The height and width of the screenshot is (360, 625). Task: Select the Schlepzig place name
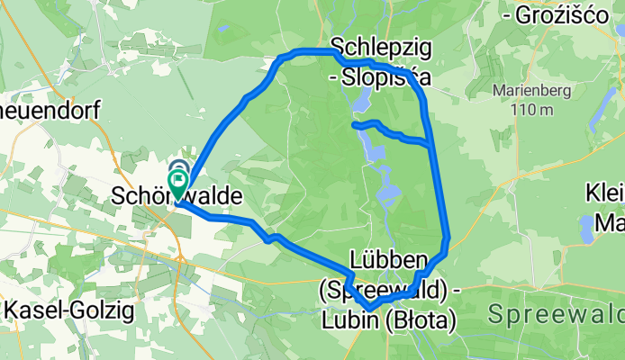(x=377, y=45)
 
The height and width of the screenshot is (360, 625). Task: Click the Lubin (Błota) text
(x=388, y=319)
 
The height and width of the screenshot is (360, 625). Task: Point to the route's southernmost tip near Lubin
(x=369, y=310)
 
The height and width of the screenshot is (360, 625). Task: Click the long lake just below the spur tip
(x=371, y=149)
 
